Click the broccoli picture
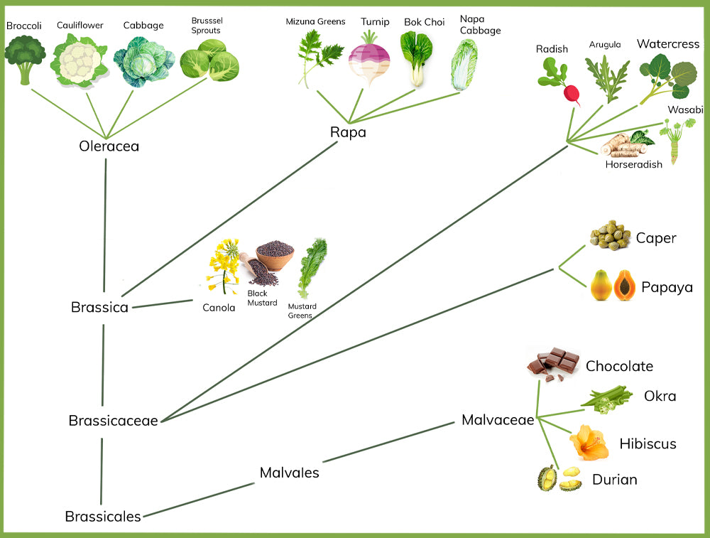pyautogui.click(x=25, y=58)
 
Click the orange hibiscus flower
pyautogui.click(x=589, y=442)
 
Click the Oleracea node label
pyautogui.click(x=109, y=146)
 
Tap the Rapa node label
pyautogui.click(x=348, y=131)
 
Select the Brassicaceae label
pyautogui.click(x=113, y=421)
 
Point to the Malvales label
pyautogui.click(x=289, y=473)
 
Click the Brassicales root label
pyautogui.click(x=102, y=517)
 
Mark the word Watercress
pyautogui.click(x=667, y=44)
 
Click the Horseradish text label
pyautogui.click(x=633, y=164)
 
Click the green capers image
pyautogui.click(x=610, y=235)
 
